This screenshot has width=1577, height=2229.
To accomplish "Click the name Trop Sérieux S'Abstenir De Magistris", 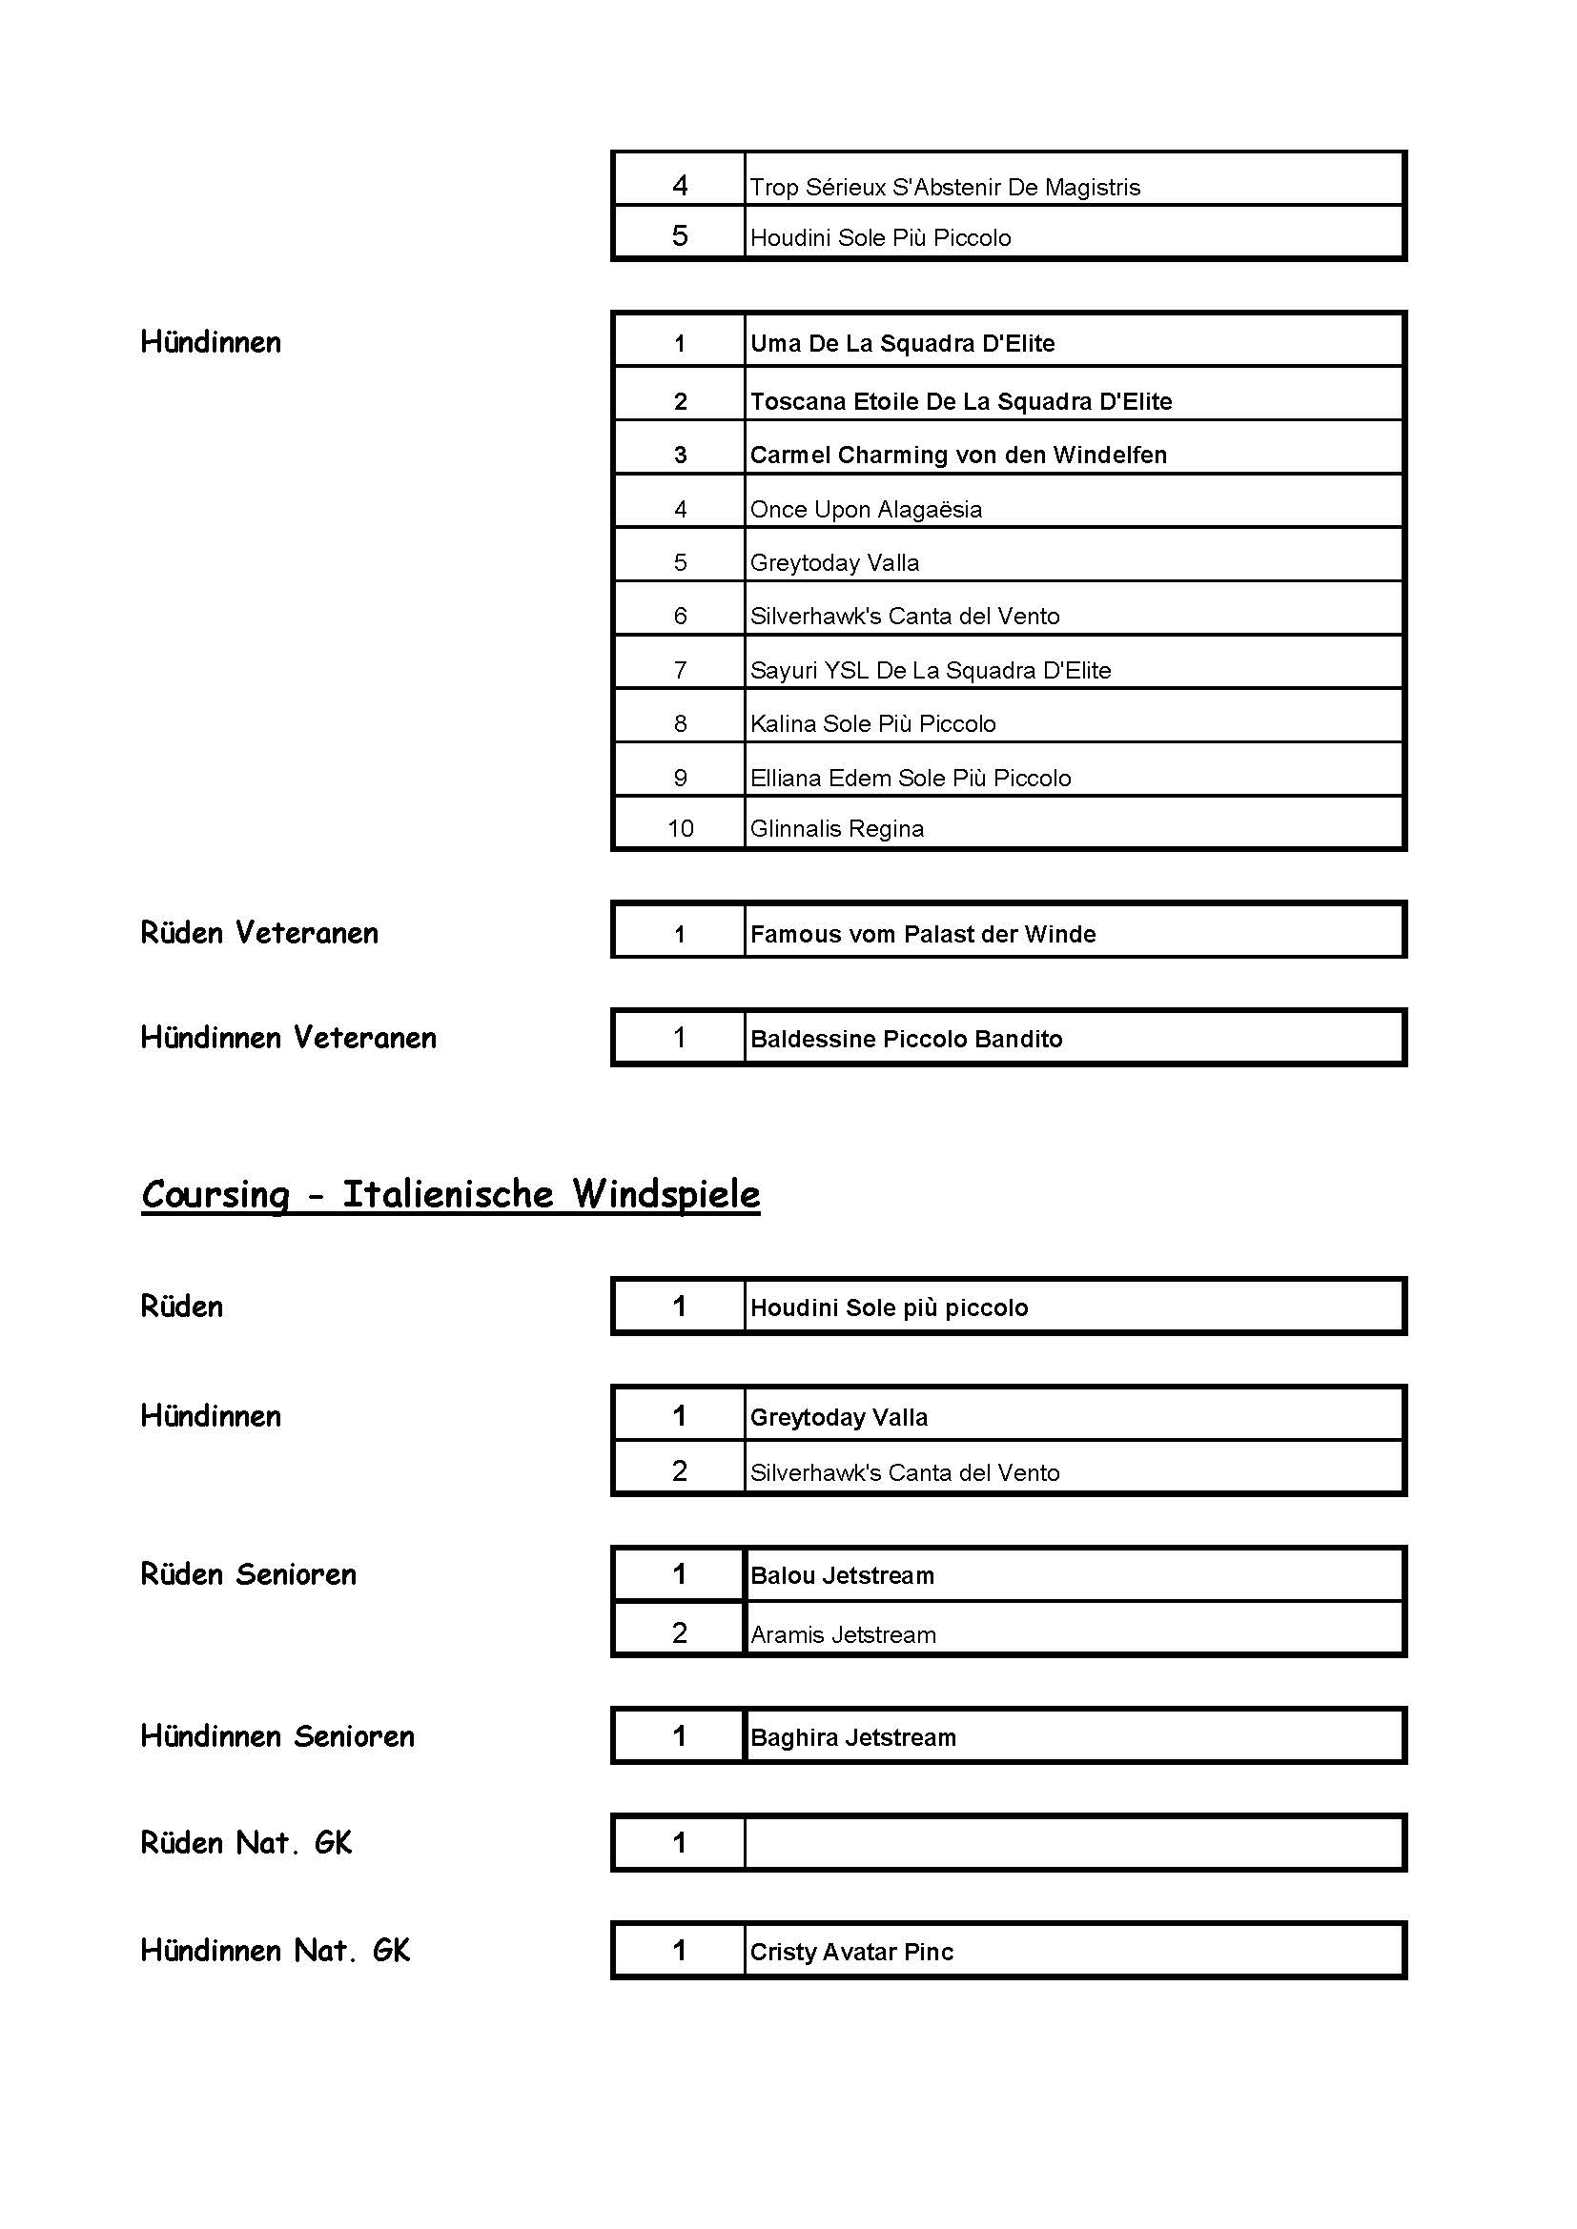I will coord(944,188).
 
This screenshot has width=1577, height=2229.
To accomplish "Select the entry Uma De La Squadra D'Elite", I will coord(902,344).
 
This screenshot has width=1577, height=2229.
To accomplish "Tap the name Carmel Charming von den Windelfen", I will coord(957,456).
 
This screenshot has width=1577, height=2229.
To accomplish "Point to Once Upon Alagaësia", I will coord(865,510).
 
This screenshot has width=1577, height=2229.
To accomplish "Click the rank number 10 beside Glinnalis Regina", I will coord(680,828).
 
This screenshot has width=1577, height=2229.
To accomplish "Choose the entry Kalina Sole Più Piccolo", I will coord(872,724).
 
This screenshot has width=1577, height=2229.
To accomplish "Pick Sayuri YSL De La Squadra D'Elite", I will coord(930,671).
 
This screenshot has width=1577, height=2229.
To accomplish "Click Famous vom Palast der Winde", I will coord(923,935).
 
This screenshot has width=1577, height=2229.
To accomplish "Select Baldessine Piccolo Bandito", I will coord(906,1040).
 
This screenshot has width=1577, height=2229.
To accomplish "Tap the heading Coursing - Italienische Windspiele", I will coord(451,1194).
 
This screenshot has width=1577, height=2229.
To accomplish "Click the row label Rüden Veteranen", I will coord(259,933).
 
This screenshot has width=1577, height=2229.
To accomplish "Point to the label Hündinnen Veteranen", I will coord(288,1038).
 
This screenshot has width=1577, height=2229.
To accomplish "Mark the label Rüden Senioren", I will coord(249,1574).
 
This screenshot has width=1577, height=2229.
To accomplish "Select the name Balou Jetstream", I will coord(842,1575).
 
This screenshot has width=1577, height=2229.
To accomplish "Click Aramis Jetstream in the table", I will coord(843,1635).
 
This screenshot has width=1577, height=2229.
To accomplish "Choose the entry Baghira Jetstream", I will coord(852,1738).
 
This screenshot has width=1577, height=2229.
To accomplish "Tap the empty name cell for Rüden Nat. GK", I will coord(1073,1843).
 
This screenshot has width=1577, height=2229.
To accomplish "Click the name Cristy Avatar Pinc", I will coord(851,1953).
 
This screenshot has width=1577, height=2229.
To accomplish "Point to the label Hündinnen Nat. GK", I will coord(275,1951).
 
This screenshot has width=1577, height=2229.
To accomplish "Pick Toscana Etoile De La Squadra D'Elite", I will coord(960,402).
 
